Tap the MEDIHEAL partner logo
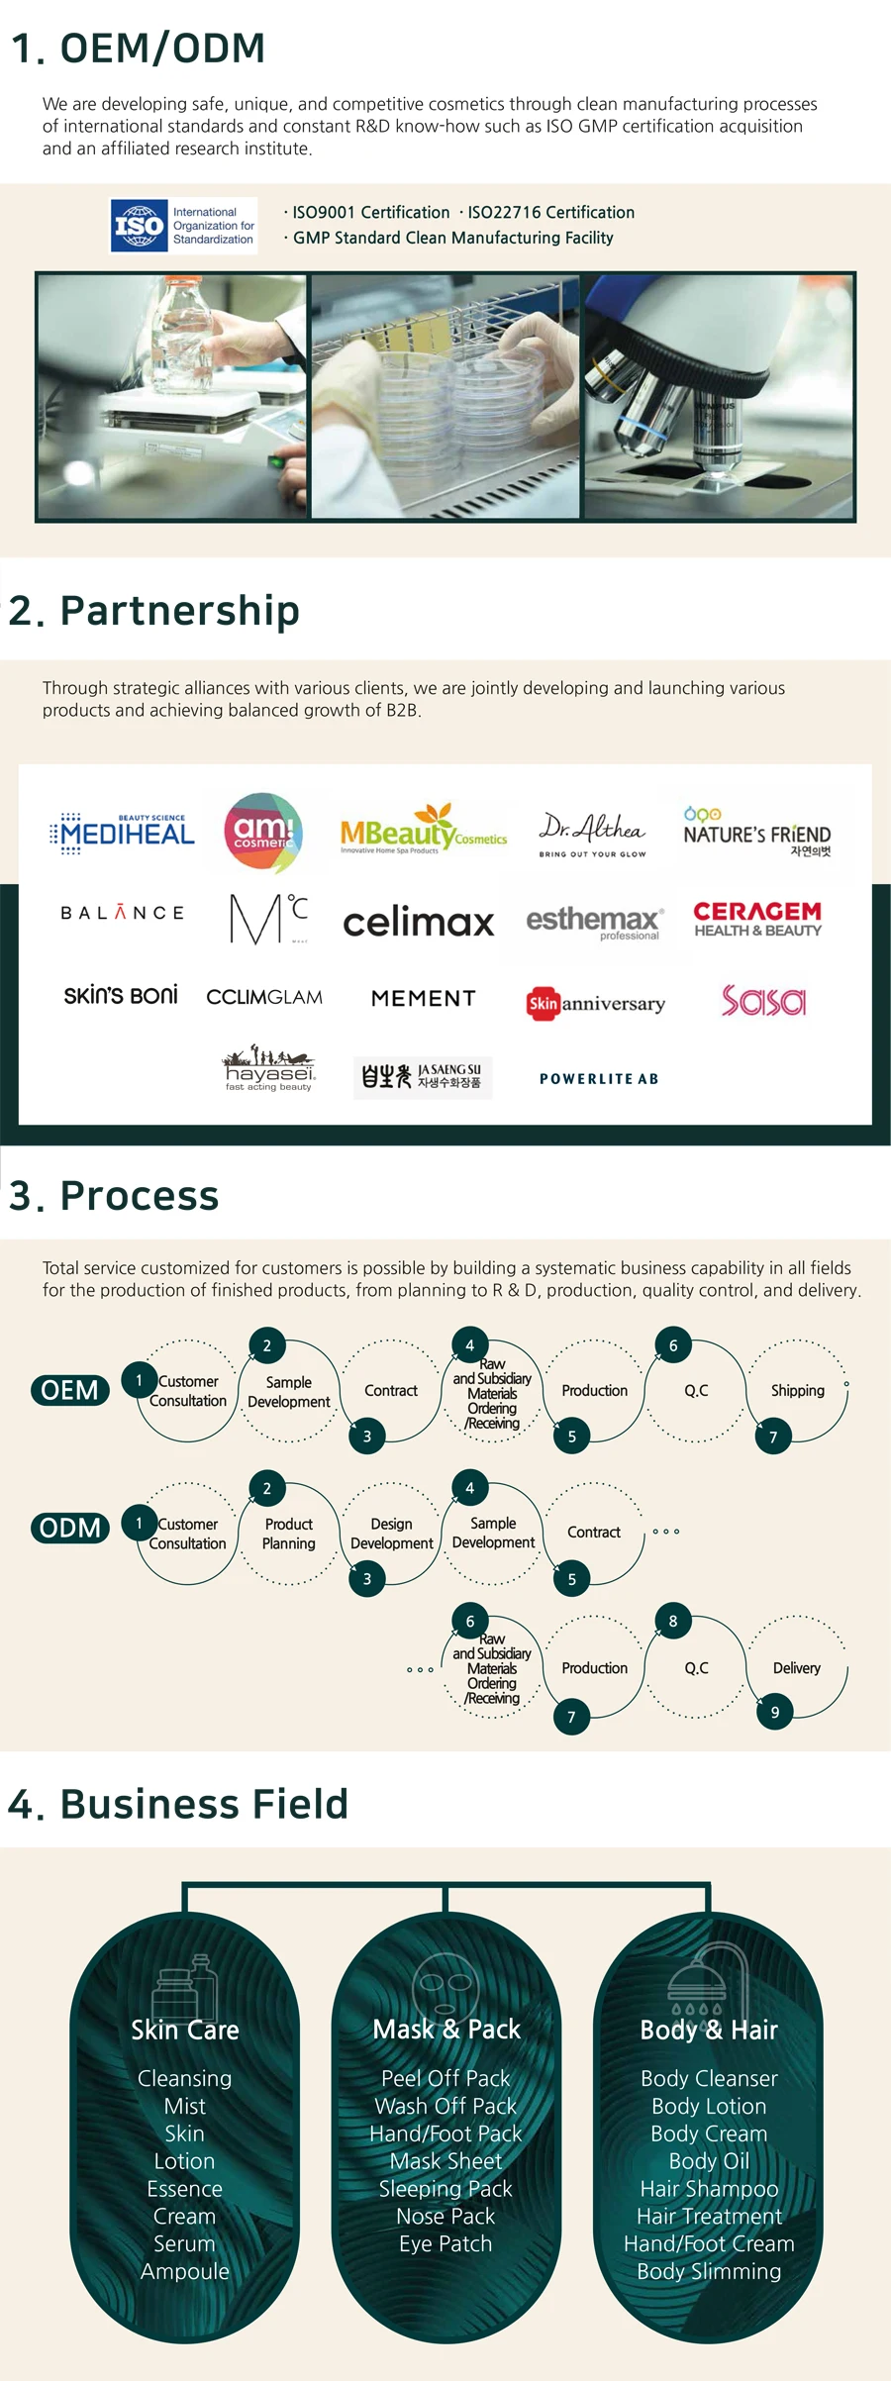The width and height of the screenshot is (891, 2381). pos(123,833)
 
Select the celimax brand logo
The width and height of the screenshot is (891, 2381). pos(418,923)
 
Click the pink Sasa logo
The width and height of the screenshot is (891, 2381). pos(763,1001)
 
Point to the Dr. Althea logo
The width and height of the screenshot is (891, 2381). pos(592,833)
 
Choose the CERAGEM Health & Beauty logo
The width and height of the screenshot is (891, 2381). pos(757,919)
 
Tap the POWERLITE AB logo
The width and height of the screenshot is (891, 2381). pos(599,1079)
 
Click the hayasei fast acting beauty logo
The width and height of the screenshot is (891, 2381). pos(268,1069)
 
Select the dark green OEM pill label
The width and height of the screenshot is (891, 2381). pos(69,1390)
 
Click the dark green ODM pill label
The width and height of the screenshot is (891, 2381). pos(69,1528)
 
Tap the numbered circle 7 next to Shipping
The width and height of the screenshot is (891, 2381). pos(773,1437)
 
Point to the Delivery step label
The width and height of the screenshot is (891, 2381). pos(797,1668)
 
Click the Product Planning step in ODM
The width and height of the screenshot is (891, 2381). pos(288,1534)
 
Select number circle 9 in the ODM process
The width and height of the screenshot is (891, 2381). pos(774,1712)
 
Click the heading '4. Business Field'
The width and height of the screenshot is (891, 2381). pos(178,1804)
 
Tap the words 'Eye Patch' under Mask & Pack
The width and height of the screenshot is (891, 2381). pos(445,2243)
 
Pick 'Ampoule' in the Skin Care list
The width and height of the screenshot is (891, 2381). pos(185,2271)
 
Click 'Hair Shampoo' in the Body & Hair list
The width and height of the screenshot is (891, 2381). pos(709,2188)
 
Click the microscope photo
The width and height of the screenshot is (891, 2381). pos(719,396)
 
